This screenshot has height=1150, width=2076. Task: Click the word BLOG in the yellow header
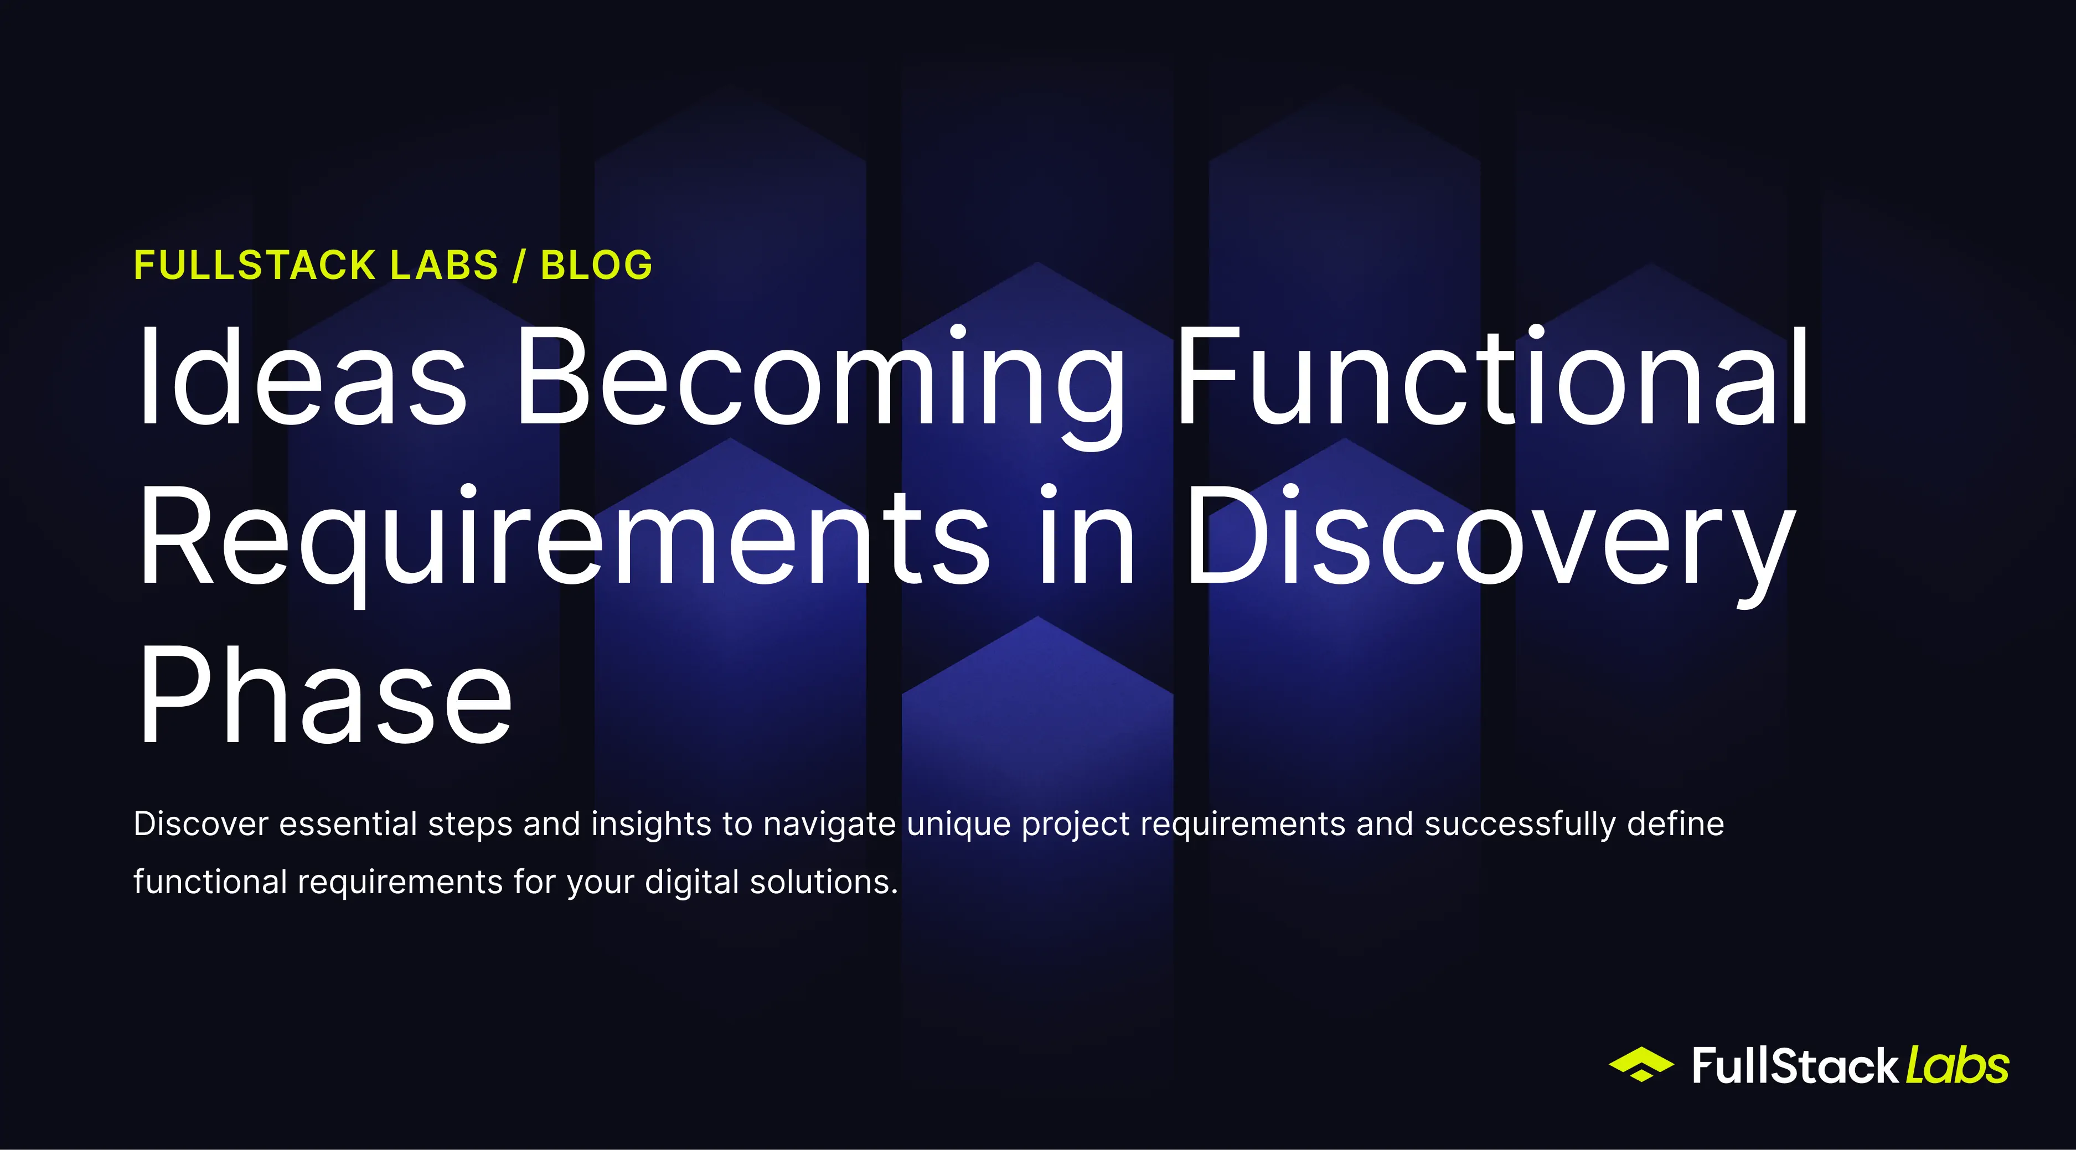coord(596,265)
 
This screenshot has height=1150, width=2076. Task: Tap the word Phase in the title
coord(325,694)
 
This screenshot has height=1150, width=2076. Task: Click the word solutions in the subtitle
coord(824,882)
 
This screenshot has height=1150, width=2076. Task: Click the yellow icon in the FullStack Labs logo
coord(1641,1065)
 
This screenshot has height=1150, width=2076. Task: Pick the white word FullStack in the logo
coord(1795,1066)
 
